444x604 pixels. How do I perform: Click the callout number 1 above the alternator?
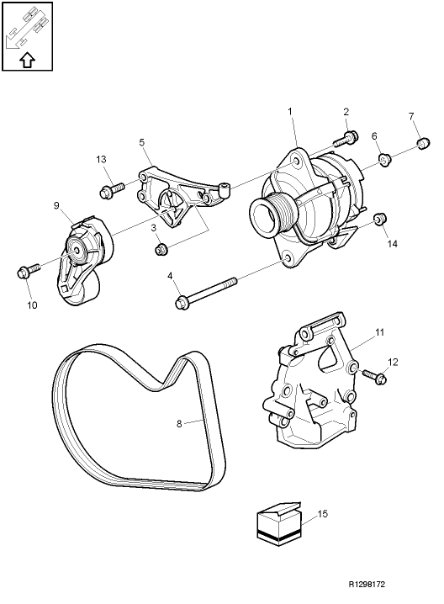pos(289,111)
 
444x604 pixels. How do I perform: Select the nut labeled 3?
pos(160,249)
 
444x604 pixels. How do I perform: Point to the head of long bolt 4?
pos(181,300)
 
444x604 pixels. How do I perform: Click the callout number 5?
pos(141,143)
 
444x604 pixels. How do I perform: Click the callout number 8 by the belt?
pos(179,424)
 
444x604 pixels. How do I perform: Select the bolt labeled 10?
pos(24,272)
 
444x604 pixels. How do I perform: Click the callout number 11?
pos(379,333)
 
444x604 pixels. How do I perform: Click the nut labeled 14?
pos(378,220)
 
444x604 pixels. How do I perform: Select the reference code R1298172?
pos(372,582)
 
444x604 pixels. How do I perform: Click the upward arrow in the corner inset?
pos(26,59)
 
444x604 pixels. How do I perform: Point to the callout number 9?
pos(56,205)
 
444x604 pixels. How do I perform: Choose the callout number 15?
pos(323,513)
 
